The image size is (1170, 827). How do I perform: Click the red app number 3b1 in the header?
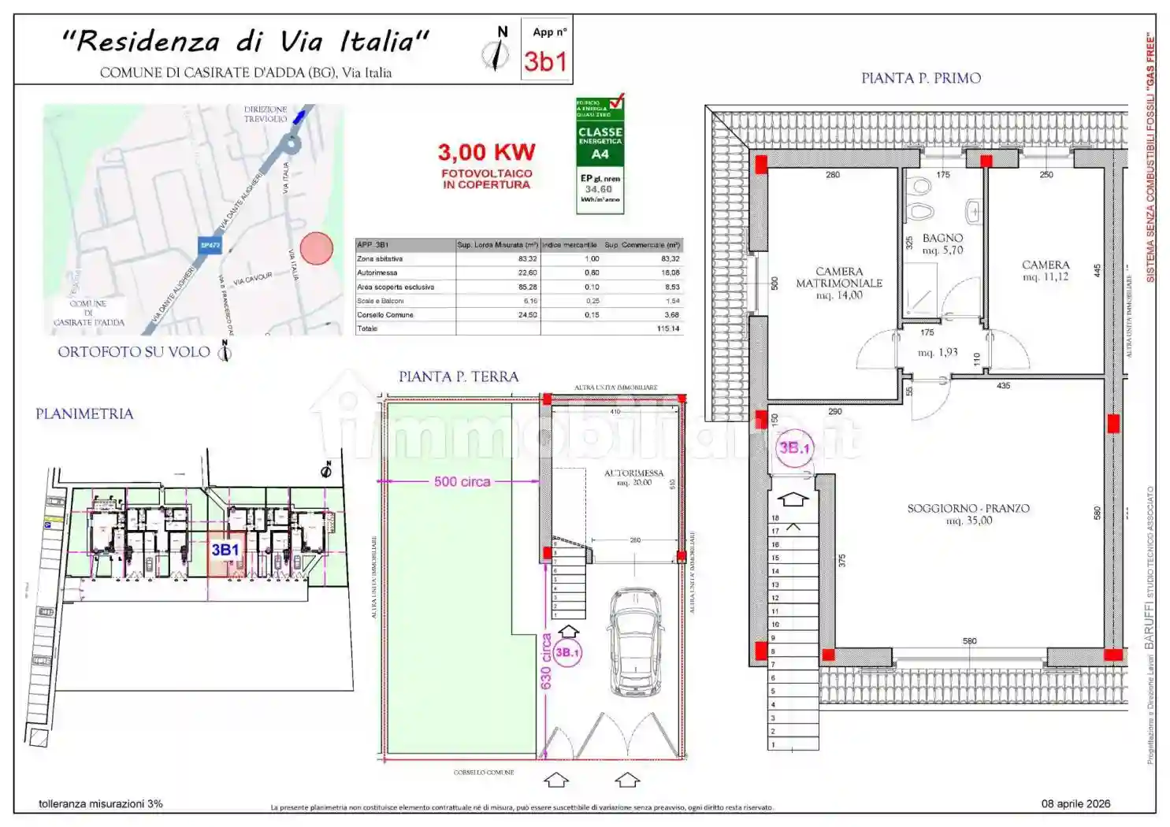click(x=545, y=61)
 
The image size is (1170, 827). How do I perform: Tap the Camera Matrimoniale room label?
click(x=839, y=283)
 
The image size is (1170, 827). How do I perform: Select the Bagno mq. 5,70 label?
click(x=942, y=243)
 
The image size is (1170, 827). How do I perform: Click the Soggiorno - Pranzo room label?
click(x=968, y=514)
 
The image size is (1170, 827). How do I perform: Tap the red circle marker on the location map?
click(x=317, y=248)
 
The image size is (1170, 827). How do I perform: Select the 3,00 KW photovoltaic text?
click(x=486, y=152)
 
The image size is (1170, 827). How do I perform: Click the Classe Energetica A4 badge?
click(x=600, y=155)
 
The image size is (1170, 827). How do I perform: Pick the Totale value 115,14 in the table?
click(x=668, y=328)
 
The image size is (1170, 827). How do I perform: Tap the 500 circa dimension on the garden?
click(x=462, y=481)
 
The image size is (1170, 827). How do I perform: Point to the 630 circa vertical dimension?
click(x=546, y=662)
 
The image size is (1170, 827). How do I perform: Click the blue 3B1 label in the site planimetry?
click(x=225, y=550)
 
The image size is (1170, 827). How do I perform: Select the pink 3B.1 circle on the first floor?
click(x=793, y=448)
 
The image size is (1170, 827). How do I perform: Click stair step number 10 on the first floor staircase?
click(x=775, y=625)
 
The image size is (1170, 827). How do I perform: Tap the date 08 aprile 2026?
click(x=1075, y=803)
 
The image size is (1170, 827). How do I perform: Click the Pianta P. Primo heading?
click(x=920, y=78)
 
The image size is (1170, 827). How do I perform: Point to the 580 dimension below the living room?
click(x=969, y=641)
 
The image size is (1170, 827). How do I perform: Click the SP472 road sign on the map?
click(x=210, y=246)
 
